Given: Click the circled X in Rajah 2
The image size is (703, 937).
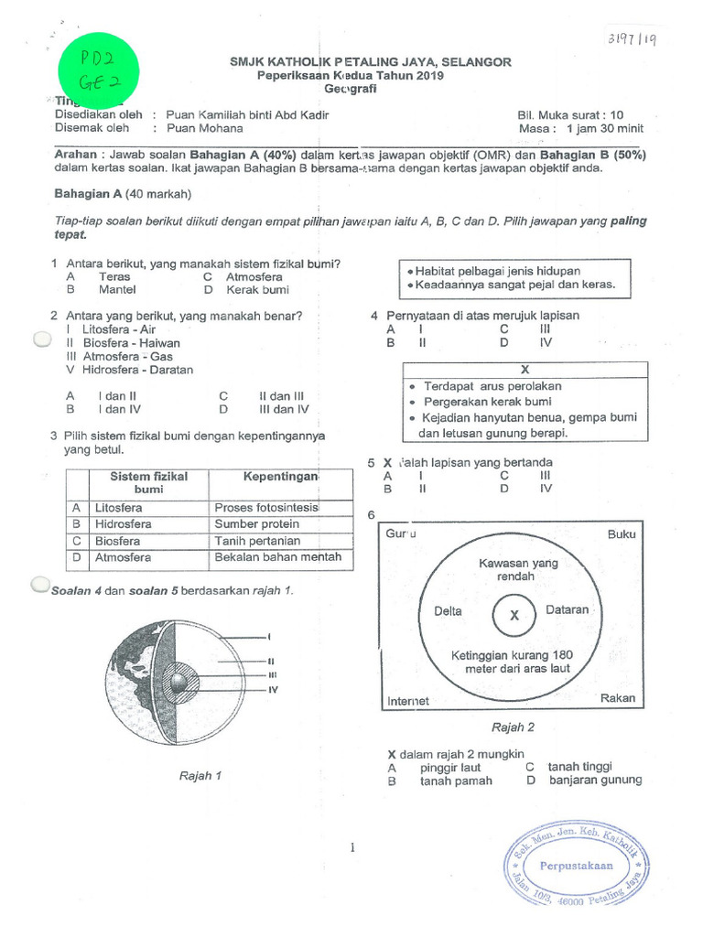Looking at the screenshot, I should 514,616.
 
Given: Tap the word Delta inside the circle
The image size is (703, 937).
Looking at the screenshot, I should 448,611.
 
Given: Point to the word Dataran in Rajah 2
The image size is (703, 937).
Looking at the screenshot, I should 567,610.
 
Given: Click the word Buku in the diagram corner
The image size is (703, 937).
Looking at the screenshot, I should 621,534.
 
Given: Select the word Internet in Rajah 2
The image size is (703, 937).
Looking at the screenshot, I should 408,701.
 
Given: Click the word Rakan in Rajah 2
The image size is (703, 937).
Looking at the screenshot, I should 617,698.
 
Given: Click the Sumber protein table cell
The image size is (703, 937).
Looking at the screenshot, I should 256,524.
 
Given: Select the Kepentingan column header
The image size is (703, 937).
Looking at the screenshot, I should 280,478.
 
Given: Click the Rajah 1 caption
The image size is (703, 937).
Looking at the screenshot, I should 200,776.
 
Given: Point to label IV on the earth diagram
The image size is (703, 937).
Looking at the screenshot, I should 272,689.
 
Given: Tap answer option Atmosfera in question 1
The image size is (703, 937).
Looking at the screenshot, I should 254,277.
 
